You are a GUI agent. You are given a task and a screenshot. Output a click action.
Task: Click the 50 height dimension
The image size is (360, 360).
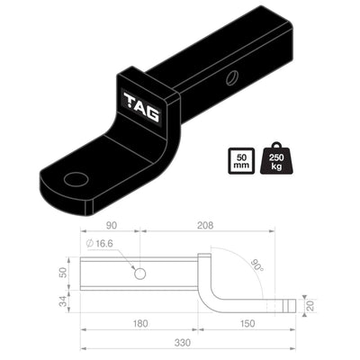(x=63, y=273)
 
